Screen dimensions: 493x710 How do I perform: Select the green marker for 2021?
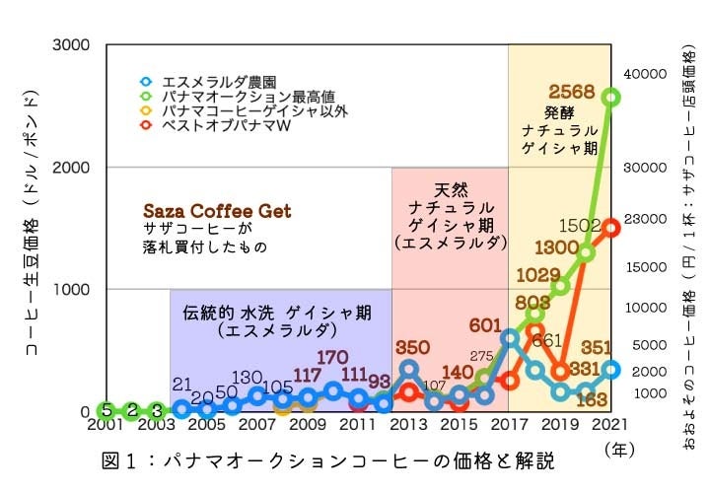coord(611,97)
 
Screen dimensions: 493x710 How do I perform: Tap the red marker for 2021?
coord(611,228)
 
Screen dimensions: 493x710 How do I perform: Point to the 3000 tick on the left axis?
coord(70,45)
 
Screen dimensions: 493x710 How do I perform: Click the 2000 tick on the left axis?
coord(70,168)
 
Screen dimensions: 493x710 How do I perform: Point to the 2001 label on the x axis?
coord(106,425)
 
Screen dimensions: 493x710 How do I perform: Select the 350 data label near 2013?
coord(411,347)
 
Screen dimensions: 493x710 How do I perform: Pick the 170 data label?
coord(332,357)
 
